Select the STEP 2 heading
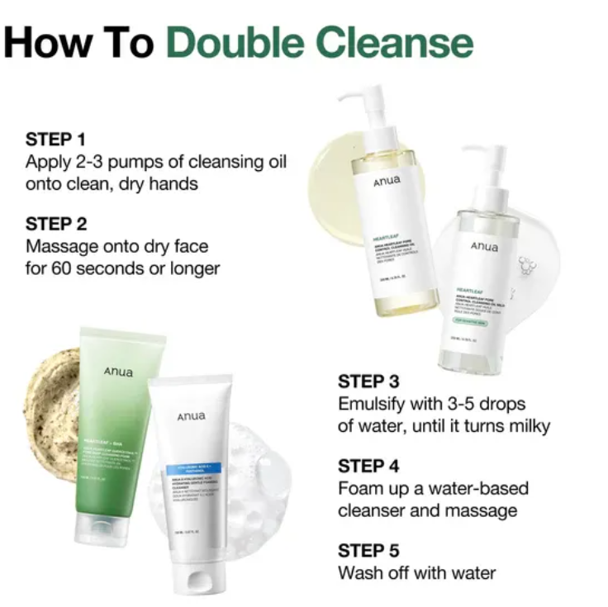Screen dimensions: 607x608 point(55,224)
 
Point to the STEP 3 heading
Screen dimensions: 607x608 point(368,382)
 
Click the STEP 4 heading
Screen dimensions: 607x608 point(368,467)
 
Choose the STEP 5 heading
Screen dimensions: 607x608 point(368,551)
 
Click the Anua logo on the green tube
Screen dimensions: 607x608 point(118,372)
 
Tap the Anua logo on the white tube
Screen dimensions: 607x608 point(191,416)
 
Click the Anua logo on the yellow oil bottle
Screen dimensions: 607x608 point(386,181)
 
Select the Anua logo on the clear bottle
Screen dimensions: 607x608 point(484,246)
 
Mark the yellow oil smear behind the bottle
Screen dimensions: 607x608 point(330,178)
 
